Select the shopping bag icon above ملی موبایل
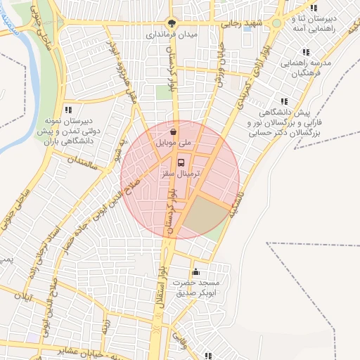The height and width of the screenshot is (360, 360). [x=173, y=131]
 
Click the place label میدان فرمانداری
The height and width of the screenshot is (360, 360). [x=173, y=34]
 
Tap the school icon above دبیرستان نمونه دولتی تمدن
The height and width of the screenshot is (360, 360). [x=67, y=110]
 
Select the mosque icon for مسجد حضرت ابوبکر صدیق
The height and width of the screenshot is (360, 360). [x=195, y=271]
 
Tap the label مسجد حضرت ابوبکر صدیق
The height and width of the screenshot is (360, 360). [x=200, y=287]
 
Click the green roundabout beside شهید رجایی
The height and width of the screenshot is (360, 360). [x=276, y=23]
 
